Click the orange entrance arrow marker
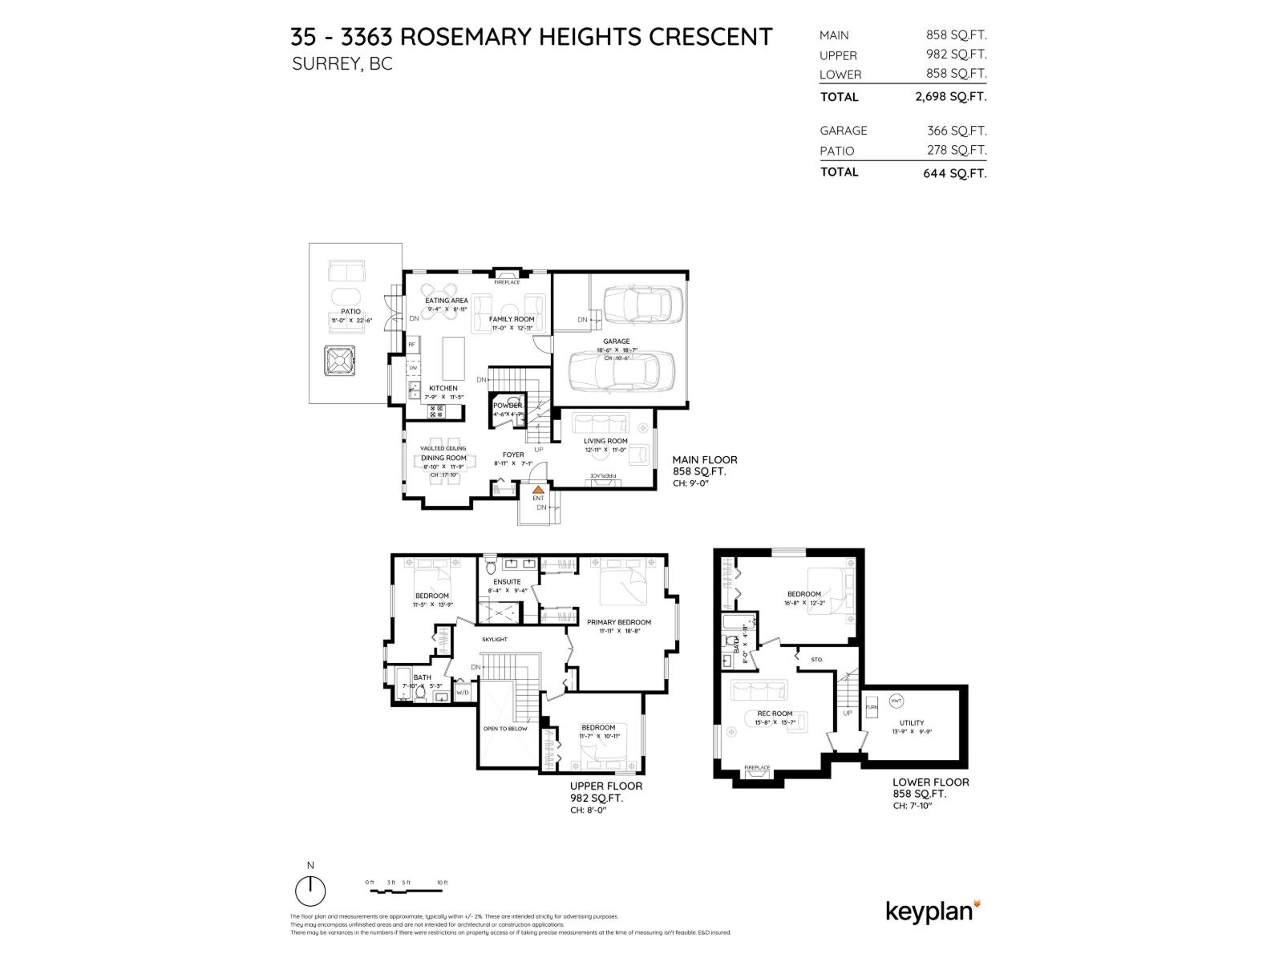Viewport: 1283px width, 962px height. click(539, 487)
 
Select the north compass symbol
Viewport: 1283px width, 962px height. click(310, 890)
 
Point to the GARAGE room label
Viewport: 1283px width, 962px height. click(616, 342)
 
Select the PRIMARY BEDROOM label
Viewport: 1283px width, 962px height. click(618, 622)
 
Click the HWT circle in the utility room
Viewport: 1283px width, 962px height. click(896, 701)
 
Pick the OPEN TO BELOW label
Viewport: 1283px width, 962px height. click(505, 729)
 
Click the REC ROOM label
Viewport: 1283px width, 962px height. click(775, 713)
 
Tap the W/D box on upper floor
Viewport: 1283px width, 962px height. click(463, 692)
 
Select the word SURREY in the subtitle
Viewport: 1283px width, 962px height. click(326, 64)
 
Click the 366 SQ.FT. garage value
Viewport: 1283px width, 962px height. click(957, 131)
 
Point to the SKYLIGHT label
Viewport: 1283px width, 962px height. click(494, 640)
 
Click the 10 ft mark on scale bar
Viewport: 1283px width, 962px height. click(442, 883)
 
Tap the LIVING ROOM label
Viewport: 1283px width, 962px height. click(605, 441)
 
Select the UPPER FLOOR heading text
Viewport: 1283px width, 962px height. click(605, 786)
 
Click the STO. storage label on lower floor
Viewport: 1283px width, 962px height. click(816, 660)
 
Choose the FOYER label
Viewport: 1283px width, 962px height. click(513, 455)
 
